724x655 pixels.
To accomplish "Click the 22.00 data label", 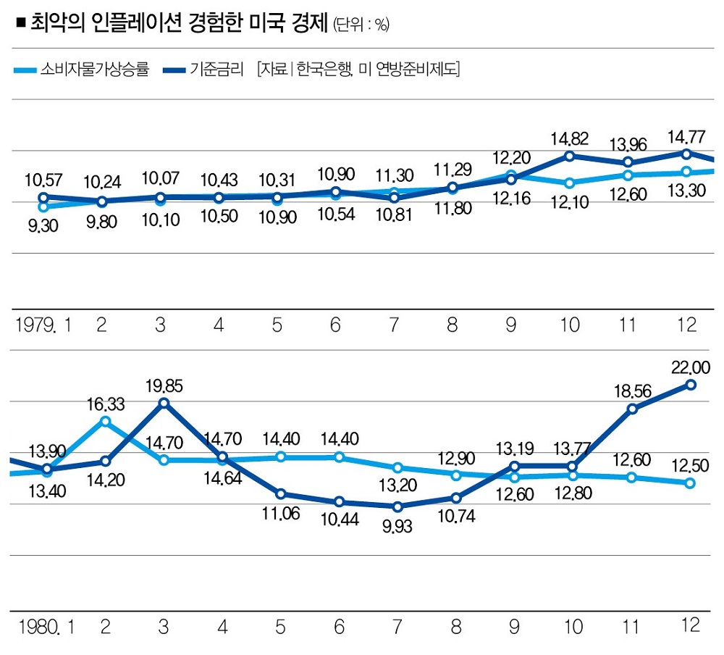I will tap(692, 367).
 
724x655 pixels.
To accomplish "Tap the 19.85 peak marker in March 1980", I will tap(164, 403).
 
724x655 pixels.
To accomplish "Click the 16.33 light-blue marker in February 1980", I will tap(106, 421).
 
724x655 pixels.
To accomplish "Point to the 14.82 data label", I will tap(570, 138).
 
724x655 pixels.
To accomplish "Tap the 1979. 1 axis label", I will tap(44, 325).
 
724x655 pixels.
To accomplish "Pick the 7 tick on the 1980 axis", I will tap(395, 626).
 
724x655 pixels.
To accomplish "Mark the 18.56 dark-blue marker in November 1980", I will tap(632, 409).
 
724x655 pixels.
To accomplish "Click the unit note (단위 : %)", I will tap(361, 25).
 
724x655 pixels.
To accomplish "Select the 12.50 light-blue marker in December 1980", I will tap(691, 483).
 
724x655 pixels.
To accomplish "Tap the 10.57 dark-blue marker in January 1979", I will tap(43, 197).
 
